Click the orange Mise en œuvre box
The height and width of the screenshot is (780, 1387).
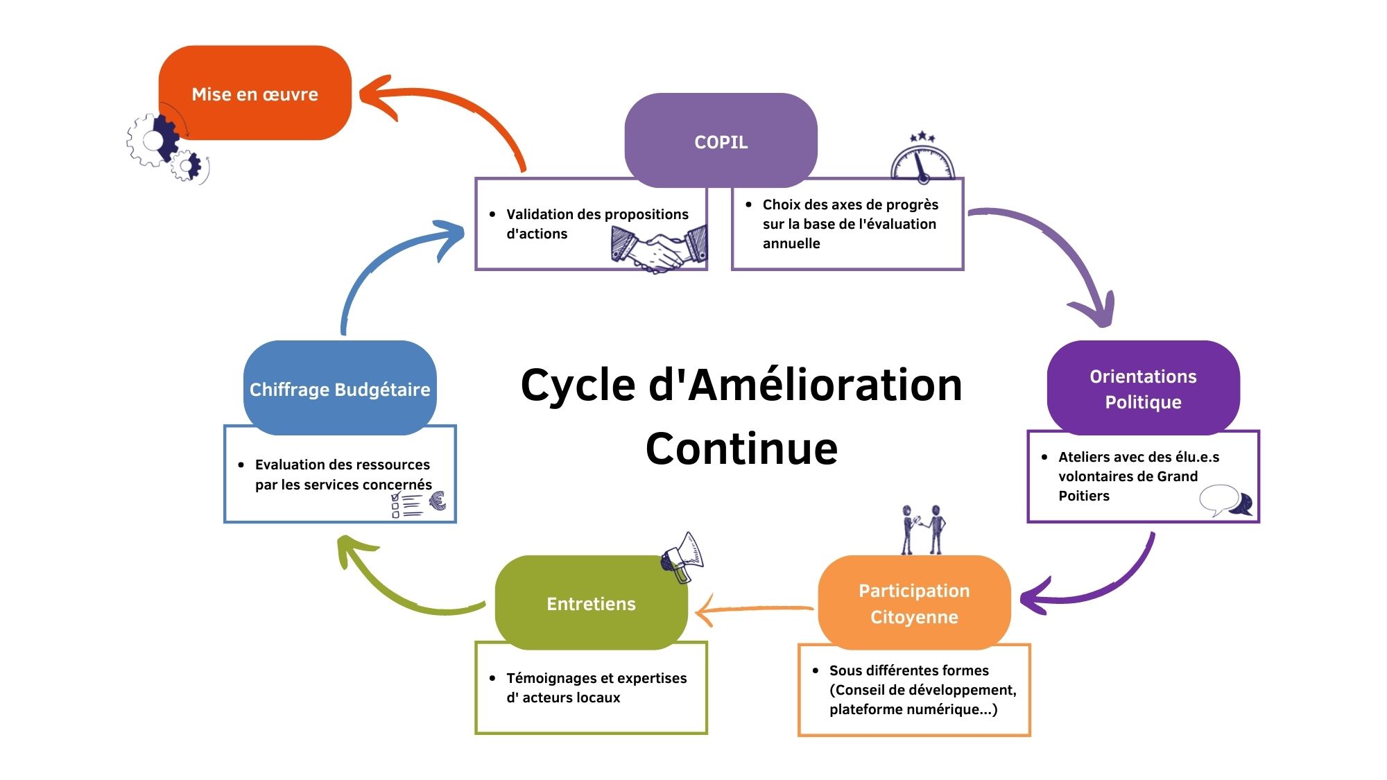255,94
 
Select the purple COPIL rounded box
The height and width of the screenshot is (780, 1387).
721,141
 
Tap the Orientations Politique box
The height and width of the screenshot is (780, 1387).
1143,388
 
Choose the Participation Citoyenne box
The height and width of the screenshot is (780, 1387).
914,603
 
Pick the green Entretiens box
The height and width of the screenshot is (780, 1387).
591,603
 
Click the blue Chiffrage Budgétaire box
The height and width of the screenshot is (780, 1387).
340,389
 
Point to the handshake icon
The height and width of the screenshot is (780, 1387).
659,250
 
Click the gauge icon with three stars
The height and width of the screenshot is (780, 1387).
922,158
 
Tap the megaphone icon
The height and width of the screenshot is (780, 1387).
682,557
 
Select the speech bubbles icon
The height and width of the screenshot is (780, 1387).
1226,501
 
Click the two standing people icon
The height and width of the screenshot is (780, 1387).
923,530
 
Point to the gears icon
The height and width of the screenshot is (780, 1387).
164,147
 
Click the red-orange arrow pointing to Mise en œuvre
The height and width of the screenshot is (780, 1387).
451,111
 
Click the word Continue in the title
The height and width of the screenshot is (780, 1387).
741,448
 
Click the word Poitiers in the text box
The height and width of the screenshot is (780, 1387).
1084,496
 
